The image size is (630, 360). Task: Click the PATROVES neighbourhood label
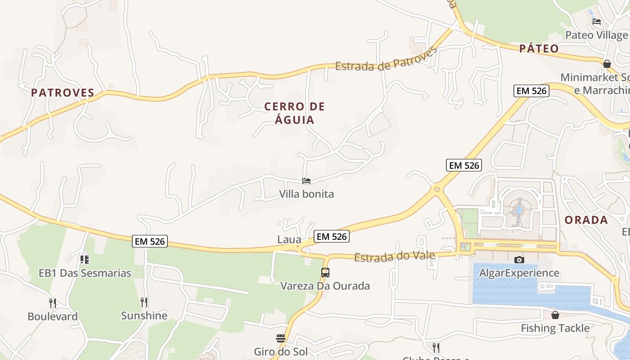pyautogui.click(x=63, y=93)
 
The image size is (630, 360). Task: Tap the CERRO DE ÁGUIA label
pyautogui.click(x=295, y=113)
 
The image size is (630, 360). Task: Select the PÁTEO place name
pyautogui.click(x=539, y=49)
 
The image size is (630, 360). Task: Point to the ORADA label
pyautogui.click(x=586, y=220)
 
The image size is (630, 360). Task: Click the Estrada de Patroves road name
pyautogui.click(x=386, y=59)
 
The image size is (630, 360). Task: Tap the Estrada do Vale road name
pyautogui.click(x=395, y=256)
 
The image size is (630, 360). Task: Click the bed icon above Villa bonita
pyautogui.click(x=306, y=181)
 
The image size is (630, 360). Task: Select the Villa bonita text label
pyautogui.click(x=306, y=194)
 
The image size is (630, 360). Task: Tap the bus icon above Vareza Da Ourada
pyautogui.click(x=325, y=272)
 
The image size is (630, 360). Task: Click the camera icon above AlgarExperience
pyautogui.click(x=519, y=260)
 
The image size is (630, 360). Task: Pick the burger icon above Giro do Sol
pyautogui.click(x=281, y=338)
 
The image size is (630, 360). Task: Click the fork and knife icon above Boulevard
pyautogui.click(x=53, y=303)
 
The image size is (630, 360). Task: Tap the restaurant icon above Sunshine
pyautogui.click(x=144, y=302)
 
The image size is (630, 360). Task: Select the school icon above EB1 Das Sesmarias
pyautogui.click(x=85, y=260)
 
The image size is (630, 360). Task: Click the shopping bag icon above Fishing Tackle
pyautogui.click(x=555, y=315)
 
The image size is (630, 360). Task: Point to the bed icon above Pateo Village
pyautogui.click(x=597, y=21)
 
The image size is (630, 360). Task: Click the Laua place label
pyautogui.click(x=289, y=240)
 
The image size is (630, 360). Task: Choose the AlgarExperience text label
pyautogui.click(x=519, y=273)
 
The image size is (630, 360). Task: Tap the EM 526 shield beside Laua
pyautogui.click(x=332, y=236)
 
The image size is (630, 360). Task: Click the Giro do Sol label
pyautogui.click(x=281, y=351)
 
